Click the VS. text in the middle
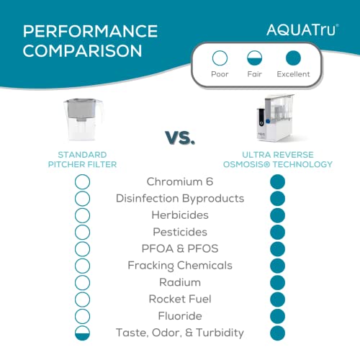pyautogui.click(x=180, y=136)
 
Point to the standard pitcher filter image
pyautogui.click(x=81, y=120)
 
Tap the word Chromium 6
pyautogui.click(x=179, y=181)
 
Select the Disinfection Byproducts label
pyautogui.click(x=180, y=198)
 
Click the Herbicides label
pyautogui.click(x=180, y=215)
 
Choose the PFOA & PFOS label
pyautogui.click(x=180, y=248)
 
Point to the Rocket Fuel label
pyautogui.click(x=180, y=299)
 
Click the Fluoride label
pyautogui.click(x=180, y=316)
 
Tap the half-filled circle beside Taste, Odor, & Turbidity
pyautogui.click(x=82, y=333)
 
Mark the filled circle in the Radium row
pyautogui.click(x=278, y=282)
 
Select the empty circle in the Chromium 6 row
pyautogui.click(x=82, y=181)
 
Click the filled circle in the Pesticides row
pyautogui.click(x=278, y=232)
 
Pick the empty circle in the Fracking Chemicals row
pyautogui.click(x=82, y=266)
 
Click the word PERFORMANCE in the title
pyautogui.click(x=90, y=32)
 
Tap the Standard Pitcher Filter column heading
pyautogui.click(x=82, y=159)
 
